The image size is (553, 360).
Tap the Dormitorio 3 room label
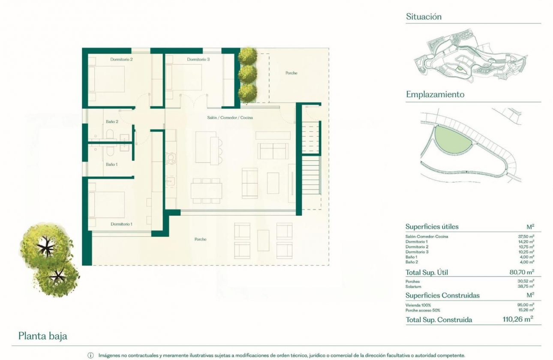(198, 60)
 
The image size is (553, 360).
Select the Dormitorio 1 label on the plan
(121, 224)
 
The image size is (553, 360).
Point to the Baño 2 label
(112, 122)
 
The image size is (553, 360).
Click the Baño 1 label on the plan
(112, 164)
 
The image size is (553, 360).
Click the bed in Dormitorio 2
(107, 78)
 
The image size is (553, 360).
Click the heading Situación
(424, 17)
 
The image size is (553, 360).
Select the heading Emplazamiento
(435, 95)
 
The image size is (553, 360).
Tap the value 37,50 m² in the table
(526, 236)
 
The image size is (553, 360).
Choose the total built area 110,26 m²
(517, 319)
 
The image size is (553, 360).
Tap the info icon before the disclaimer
(90, 355)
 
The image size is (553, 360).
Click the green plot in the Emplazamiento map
(451, 139)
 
